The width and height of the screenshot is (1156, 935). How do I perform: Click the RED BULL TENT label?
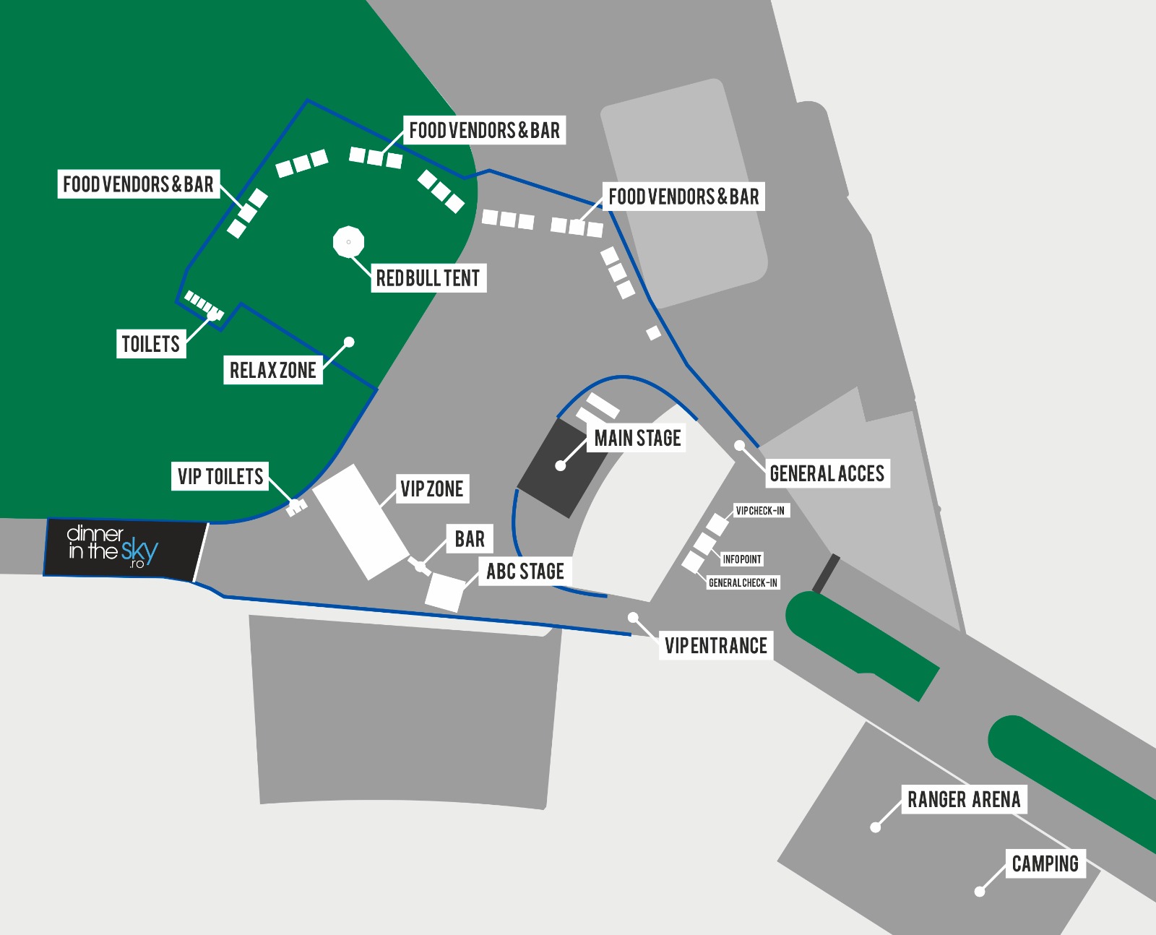(428, 278)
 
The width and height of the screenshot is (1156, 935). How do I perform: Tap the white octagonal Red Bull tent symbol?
(348, 242)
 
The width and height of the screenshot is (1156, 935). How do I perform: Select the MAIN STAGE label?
(637, 438)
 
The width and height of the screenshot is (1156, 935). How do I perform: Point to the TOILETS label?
(150, 344)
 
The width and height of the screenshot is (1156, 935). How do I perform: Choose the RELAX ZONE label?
(272, 371)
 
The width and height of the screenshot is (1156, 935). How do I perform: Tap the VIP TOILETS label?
(220, 477)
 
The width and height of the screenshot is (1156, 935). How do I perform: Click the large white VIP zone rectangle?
(361, 522)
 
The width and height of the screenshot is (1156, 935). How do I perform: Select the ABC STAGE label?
(525, 572)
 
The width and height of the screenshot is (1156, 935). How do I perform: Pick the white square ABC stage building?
(444, 593)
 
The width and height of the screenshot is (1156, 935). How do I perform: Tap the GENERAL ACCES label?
(827, 474)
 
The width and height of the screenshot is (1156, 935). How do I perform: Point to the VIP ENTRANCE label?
(715, 646)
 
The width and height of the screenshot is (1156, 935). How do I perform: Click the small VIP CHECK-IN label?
(760, 511)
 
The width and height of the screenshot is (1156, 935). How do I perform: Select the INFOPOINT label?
(742, 559)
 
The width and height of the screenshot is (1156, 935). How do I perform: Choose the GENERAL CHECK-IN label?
(743, 583)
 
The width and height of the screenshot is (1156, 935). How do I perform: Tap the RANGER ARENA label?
(964, 800)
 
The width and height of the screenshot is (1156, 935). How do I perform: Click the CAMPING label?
(1045, 864)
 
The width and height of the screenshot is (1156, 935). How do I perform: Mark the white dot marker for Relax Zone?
(349, 342)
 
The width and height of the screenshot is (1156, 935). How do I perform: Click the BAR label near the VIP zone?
(470, 539)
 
